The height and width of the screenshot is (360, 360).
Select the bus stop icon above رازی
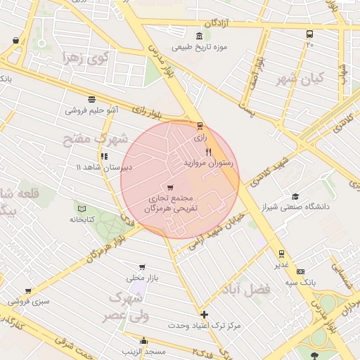(x=200, y=127)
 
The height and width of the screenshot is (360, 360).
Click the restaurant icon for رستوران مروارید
(x=208, y=151)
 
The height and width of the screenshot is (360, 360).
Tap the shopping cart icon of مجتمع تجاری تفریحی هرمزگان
(x=171, y=187)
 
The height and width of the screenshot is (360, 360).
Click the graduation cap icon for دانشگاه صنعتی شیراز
(x=295, y=196)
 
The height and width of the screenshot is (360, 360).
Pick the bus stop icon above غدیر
(x=281, y=253)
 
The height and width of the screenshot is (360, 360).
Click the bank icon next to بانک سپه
(x=301, y=271)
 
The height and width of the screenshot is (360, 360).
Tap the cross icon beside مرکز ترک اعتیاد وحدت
(x=204, y=314)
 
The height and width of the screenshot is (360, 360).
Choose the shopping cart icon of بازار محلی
(x=143, y=267)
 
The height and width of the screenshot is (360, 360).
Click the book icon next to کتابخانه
(x=82, y=209)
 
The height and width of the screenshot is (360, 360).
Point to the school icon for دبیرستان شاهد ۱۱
(x=104, y=156)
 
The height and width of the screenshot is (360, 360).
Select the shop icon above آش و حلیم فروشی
(x=91, y=99)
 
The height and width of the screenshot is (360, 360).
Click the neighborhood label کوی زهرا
(x=82, y=58)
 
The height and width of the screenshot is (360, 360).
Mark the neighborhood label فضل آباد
(x=245, y=289)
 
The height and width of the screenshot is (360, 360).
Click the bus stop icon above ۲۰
(x=309, y=34)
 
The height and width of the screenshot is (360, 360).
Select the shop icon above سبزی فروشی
(x=28, y=291)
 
